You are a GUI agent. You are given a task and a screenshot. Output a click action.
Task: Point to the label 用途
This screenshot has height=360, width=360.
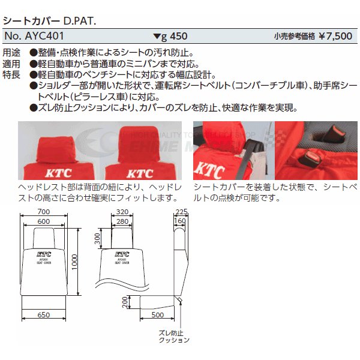[11, 53]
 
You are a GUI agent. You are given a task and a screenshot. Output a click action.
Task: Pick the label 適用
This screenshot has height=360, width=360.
[11, 64]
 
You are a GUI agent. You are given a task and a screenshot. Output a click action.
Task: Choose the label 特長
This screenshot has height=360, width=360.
[11, 74]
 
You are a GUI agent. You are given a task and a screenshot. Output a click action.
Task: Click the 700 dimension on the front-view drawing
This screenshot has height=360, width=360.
[43, 212]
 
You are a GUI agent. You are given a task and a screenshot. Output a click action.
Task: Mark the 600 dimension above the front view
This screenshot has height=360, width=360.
[43, 222]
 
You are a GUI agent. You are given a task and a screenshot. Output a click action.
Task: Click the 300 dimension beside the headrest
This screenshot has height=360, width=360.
[98, 240]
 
